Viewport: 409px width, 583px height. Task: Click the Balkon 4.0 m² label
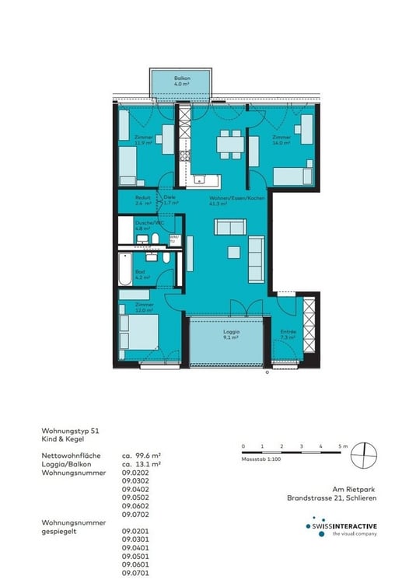pos(182,82)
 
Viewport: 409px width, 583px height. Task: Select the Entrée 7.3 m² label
pos(288,335)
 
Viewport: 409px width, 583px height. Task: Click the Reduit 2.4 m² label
pos(142,201)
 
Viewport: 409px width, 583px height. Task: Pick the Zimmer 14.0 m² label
pos(281,141)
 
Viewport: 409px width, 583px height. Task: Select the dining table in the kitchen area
pos(228,144)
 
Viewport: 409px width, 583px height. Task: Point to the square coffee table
pos(233,251)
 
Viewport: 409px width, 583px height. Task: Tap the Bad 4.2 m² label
pos(141,274)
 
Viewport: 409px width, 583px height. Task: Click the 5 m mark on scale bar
pos(341,446)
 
